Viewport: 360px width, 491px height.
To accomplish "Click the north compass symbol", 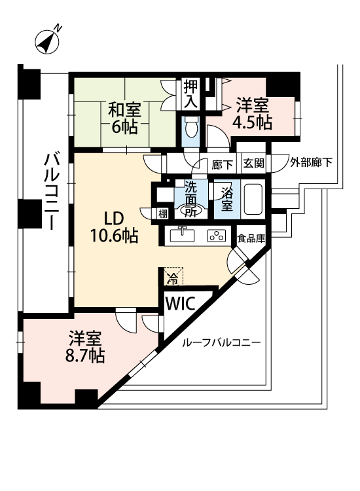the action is coord(47,41).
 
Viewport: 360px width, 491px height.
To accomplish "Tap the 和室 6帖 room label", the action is coord(124,118).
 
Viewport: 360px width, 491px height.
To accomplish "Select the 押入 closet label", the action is coord(190,94).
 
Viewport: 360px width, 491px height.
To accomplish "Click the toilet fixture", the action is coord(190,128).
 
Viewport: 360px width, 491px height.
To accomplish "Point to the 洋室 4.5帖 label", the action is coord(252,113).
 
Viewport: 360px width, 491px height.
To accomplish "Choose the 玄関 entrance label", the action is coord(254,164).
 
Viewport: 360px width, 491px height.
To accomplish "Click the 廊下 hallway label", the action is coord(223,164).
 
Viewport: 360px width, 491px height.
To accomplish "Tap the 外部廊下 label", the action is coord(311,162).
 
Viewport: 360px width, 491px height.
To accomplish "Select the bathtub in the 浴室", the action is coord(253,199).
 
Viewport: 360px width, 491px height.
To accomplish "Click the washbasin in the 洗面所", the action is coord(190,211).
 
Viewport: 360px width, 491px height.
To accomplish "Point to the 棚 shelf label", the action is coord(163,214).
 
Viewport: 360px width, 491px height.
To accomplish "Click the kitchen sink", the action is coord(182,235).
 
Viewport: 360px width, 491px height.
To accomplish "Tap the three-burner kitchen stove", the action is coord(217,236).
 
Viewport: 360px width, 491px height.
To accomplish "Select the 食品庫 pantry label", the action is coord(251,238).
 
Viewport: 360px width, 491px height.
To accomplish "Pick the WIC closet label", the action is coord(180,303).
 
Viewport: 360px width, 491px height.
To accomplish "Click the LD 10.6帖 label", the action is coord(115,227).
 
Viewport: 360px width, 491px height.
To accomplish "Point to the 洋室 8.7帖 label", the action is coord(85,346).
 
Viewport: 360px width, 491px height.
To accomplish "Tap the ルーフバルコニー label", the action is coord(221,342).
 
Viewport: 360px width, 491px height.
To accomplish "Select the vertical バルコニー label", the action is coord(51,191).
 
